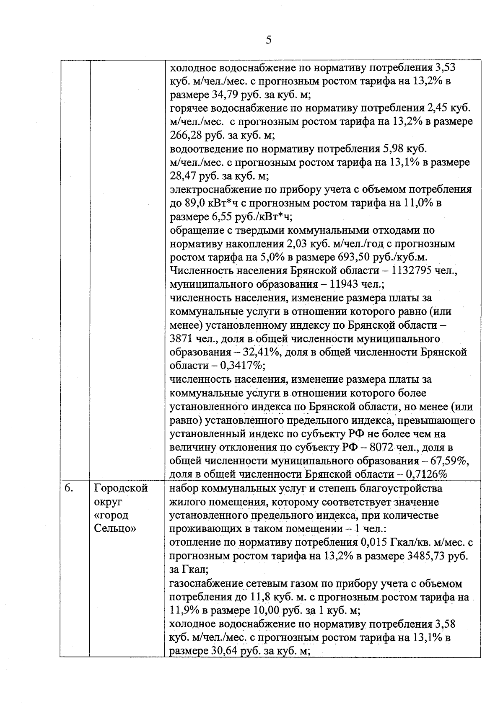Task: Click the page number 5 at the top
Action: (x=269, y=40)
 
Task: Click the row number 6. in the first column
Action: (x=69, y=488)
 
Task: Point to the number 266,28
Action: (x=187, y=135)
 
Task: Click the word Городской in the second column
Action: (x=121, y=488)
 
